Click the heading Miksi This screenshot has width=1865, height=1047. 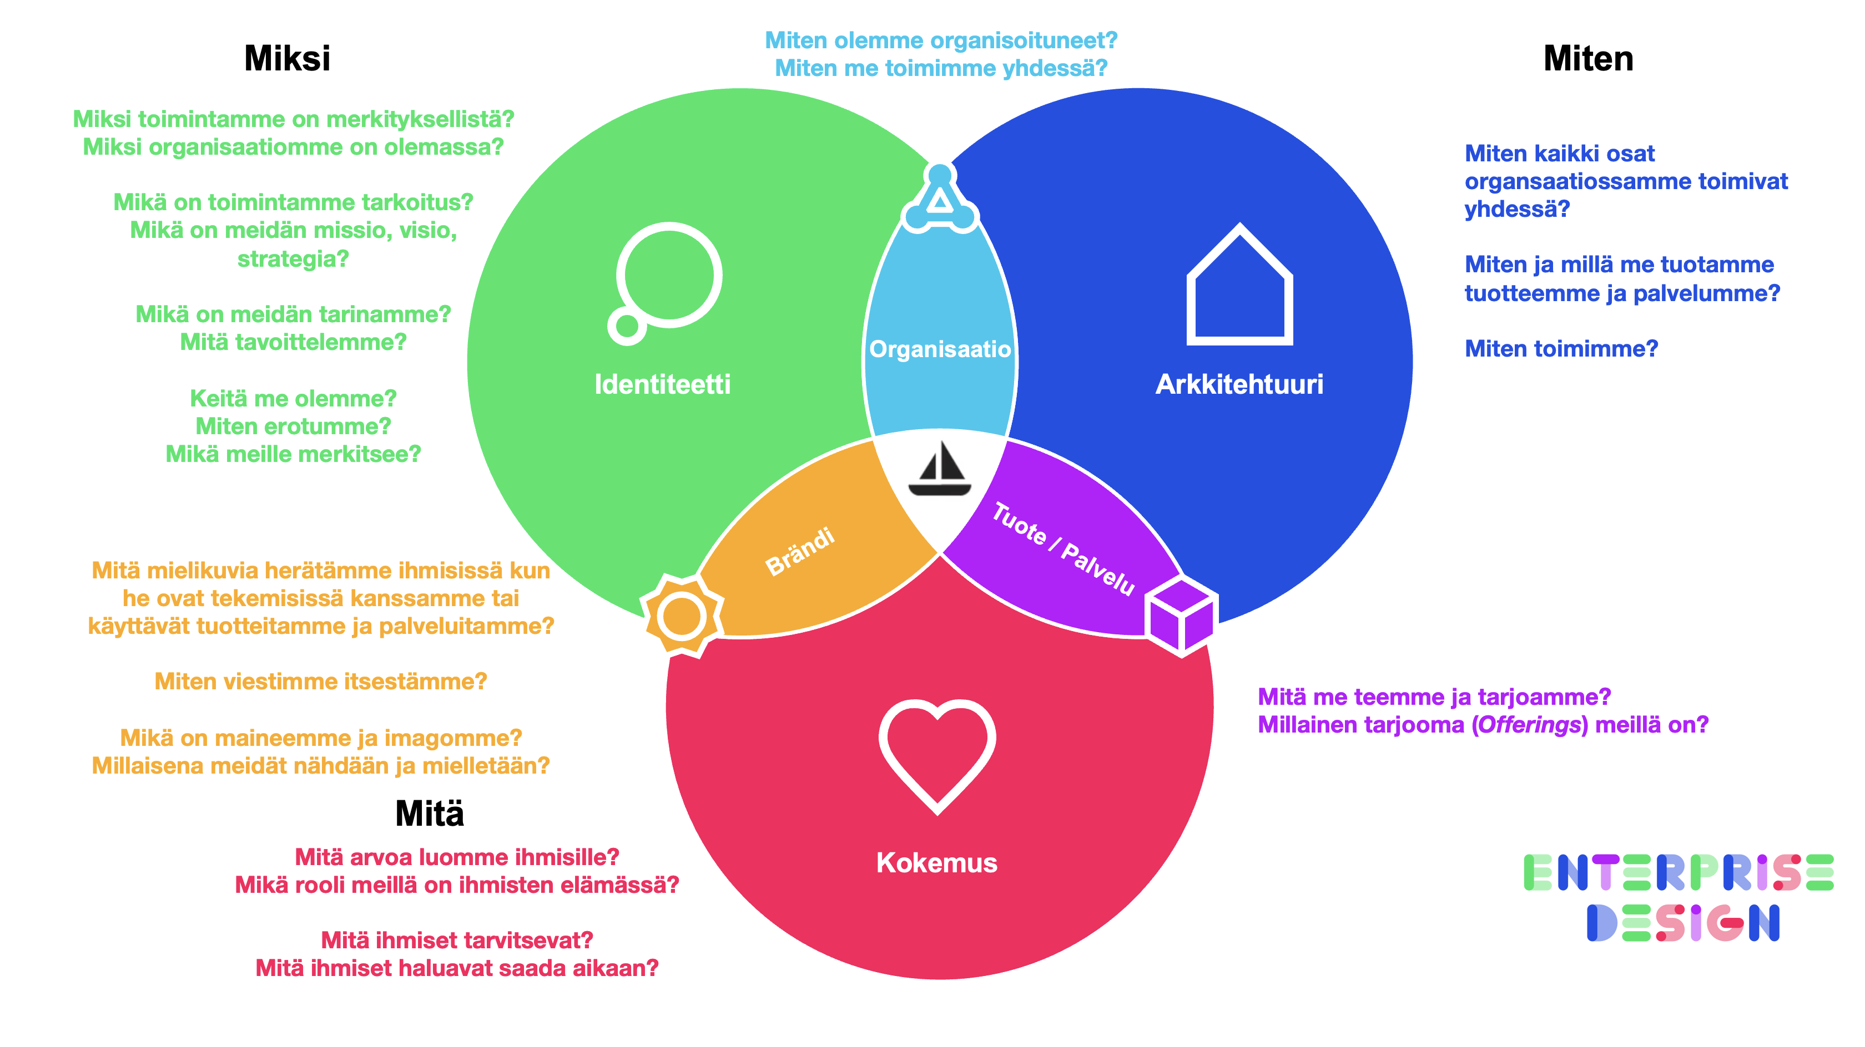(287, 58)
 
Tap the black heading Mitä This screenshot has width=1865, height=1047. (429, 814)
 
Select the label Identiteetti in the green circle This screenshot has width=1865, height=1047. (662, 384)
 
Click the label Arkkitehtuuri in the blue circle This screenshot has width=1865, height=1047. (1239, 384)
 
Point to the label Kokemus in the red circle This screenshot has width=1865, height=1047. (936, 862)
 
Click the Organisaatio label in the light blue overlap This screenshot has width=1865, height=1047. (940, 349)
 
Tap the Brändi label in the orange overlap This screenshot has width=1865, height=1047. (800, 551)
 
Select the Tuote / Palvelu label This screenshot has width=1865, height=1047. (1063, 548)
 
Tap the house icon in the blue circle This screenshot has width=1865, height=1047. (1239, 286)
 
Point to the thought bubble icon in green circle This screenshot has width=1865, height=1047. (664, 282)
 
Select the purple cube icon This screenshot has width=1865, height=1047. (1182, 616)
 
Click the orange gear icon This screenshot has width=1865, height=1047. (681, 617)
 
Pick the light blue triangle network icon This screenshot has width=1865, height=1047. (940, 199)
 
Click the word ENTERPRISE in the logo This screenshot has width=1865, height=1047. (1678, 873)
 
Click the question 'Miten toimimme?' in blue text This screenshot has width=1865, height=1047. (1561, 349)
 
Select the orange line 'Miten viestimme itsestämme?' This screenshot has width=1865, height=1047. (321, 681)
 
